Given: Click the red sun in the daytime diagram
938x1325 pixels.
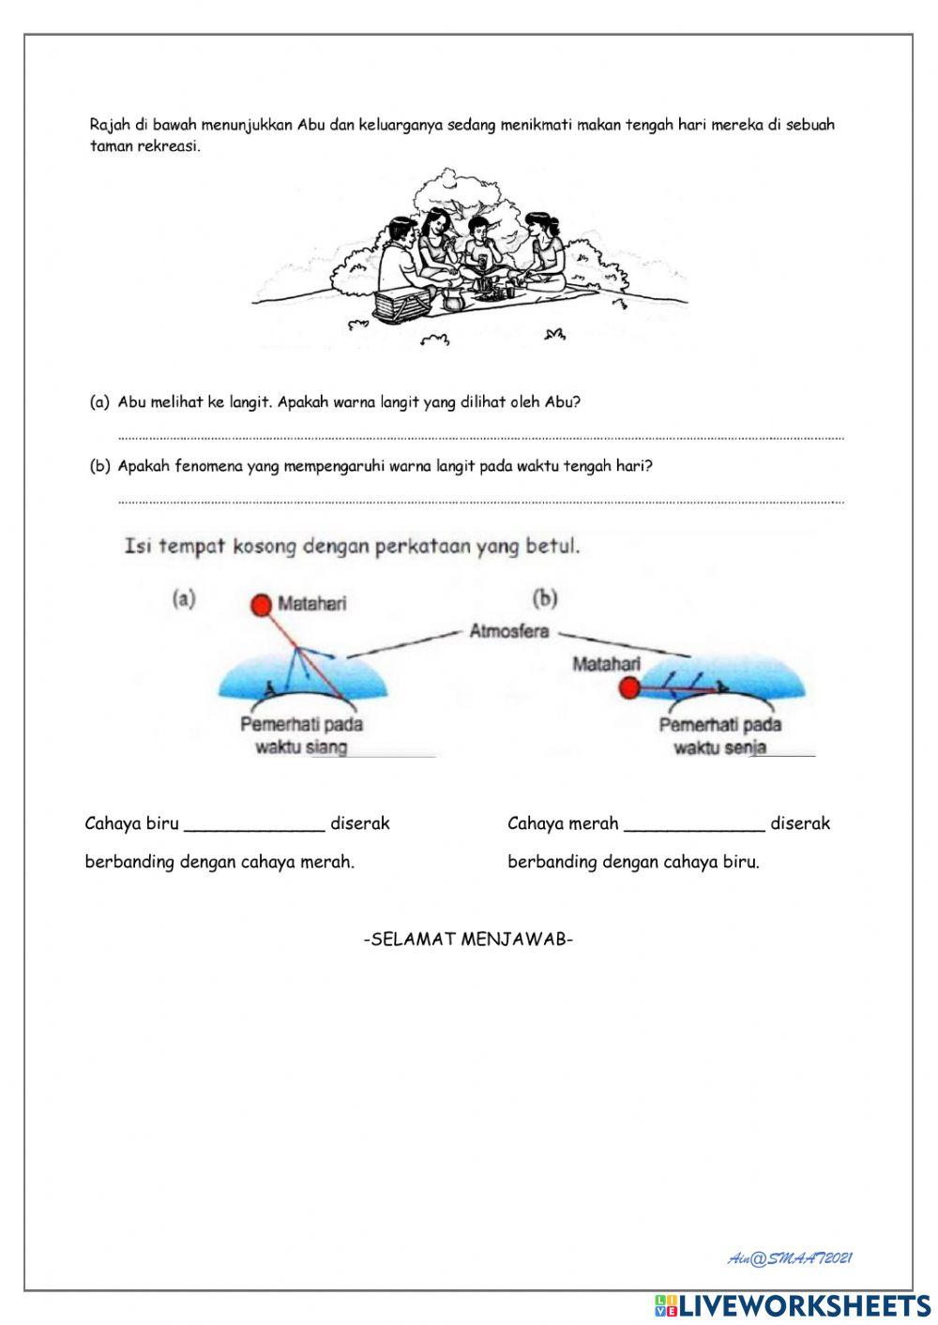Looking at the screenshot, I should pos(260,605).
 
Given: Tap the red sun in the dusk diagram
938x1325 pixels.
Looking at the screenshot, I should pos(629,690).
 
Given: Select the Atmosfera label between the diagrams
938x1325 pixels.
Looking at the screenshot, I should pos(508,631).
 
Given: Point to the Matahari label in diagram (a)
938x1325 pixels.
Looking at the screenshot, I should pos(311,604).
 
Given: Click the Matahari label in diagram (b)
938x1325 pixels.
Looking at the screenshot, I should pos(605,664).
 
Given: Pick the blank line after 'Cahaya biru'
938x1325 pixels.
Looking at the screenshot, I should pos(254,825).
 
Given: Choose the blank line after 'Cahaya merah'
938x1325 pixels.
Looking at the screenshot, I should pos(694,825).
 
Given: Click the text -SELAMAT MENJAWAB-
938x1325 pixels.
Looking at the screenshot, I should pos(468,940).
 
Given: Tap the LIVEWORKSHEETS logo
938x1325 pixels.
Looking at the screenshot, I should pos(793,1305).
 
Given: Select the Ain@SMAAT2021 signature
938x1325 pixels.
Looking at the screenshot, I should pos(790,1258).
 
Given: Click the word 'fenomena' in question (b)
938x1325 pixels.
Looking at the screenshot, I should pos(208,466).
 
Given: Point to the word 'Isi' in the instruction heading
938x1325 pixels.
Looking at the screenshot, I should pos(139,546).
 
